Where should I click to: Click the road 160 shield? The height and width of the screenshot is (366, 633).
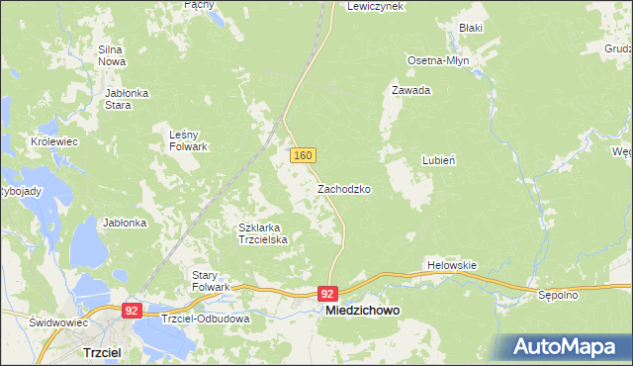(304, 156)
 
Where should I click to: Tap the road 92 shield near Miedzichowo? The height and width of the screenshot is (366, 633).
(328, 294)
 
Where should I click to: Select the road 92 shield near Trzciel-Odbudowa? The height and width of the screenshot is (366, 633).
(131, 310)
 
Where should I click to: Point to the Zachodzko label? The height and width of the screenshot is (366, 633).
(344, 188)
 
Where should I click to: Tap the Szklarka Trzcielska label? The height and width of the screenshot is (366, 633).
(262, 233)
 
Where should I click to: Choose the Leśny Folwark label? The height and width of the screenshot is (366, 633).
(188, 140)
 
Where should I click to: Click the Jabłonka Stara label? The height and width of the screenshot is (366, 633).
(126, 99)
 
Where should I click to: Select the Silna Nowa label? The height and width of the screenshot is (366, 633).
(111, 55)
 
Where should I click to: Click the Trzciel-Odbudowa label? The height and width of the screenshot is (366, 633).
(206, 320)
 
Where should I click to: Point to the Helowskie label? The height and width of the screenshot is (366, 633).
(452, 265)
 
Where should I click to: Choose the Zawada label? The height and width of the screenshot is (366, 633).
(410, 90)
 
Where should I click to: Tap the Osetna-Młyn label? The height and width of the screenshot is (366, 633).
(438, 60)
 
